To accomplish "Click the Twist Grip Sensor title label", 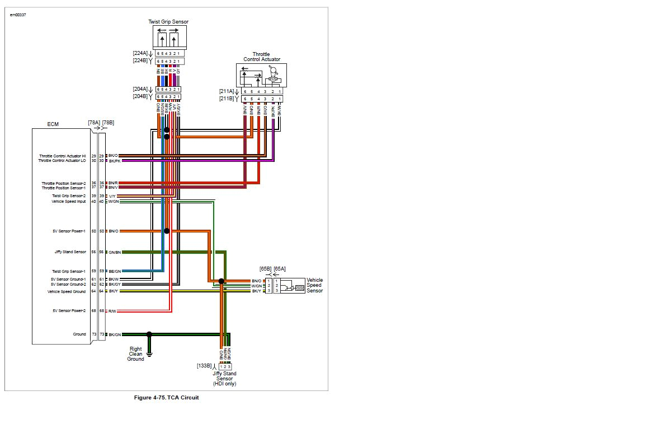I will pos(168,22).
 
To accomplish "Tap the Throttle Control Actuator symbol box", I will pos(261,75).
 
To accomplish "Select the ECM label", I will pos(53,124).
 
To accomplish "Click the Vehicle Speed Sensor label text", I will pos(314,285).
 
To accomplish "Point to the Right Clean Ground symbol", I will pos(149,353).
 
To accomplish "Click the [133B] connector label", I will pos(204,366).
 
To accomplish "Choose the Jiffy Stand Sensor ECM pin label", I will pos(70,252).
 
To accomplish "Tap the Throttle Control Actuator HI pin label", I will pos(63,156).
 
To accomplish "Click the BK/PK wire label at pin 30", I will pos(114,161).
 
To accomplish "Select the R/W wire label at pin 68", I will pos(112,311).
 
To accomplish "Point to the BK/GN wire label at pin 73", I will pos(114,334).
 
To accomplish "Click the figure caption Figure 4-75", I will pos(166,398).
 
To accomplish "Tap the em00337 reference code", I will pos(18,15).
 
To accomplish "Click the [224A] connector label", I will pos(140,53).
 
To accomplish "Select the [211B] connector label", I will pos(227,99).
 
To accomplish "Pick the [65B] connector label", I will pos(265,269).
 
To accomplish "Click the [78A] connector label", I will pos(93,122).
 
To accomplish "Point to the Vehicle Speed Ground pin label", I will pos(67,291).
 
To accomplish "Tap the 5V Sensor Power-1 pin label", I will pos(69,231).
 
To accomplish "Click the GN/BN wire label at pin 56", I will pos(114,252).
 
